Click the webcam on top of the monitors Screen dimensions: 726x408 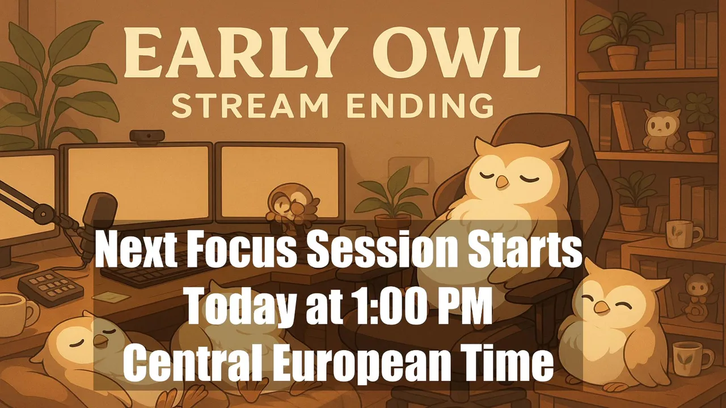point(147,135)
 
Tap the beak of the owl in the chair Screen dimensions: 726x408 point(503,182)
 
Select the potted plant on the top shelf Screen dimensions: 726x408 point(621,40)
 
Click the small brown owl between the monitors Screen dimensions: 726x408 point(292,207)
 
